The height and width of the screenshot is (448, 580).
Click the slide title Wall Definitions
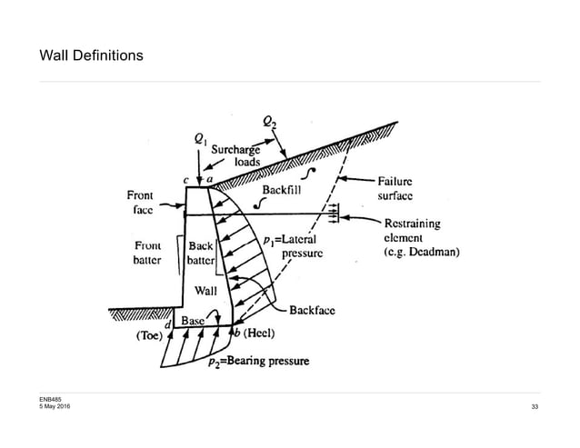(90, 56)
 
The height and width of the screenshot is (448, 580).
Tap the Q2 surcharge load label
(271, 121)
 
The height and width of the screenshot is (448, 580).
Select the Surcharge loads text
(237, 155)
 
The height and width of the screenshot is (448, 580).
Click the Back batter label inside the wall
(200, 253)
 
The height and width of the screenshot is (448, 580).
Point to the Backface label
(312, 310)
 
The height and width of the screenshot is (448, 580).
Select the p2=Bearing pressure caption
(258, 362)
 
